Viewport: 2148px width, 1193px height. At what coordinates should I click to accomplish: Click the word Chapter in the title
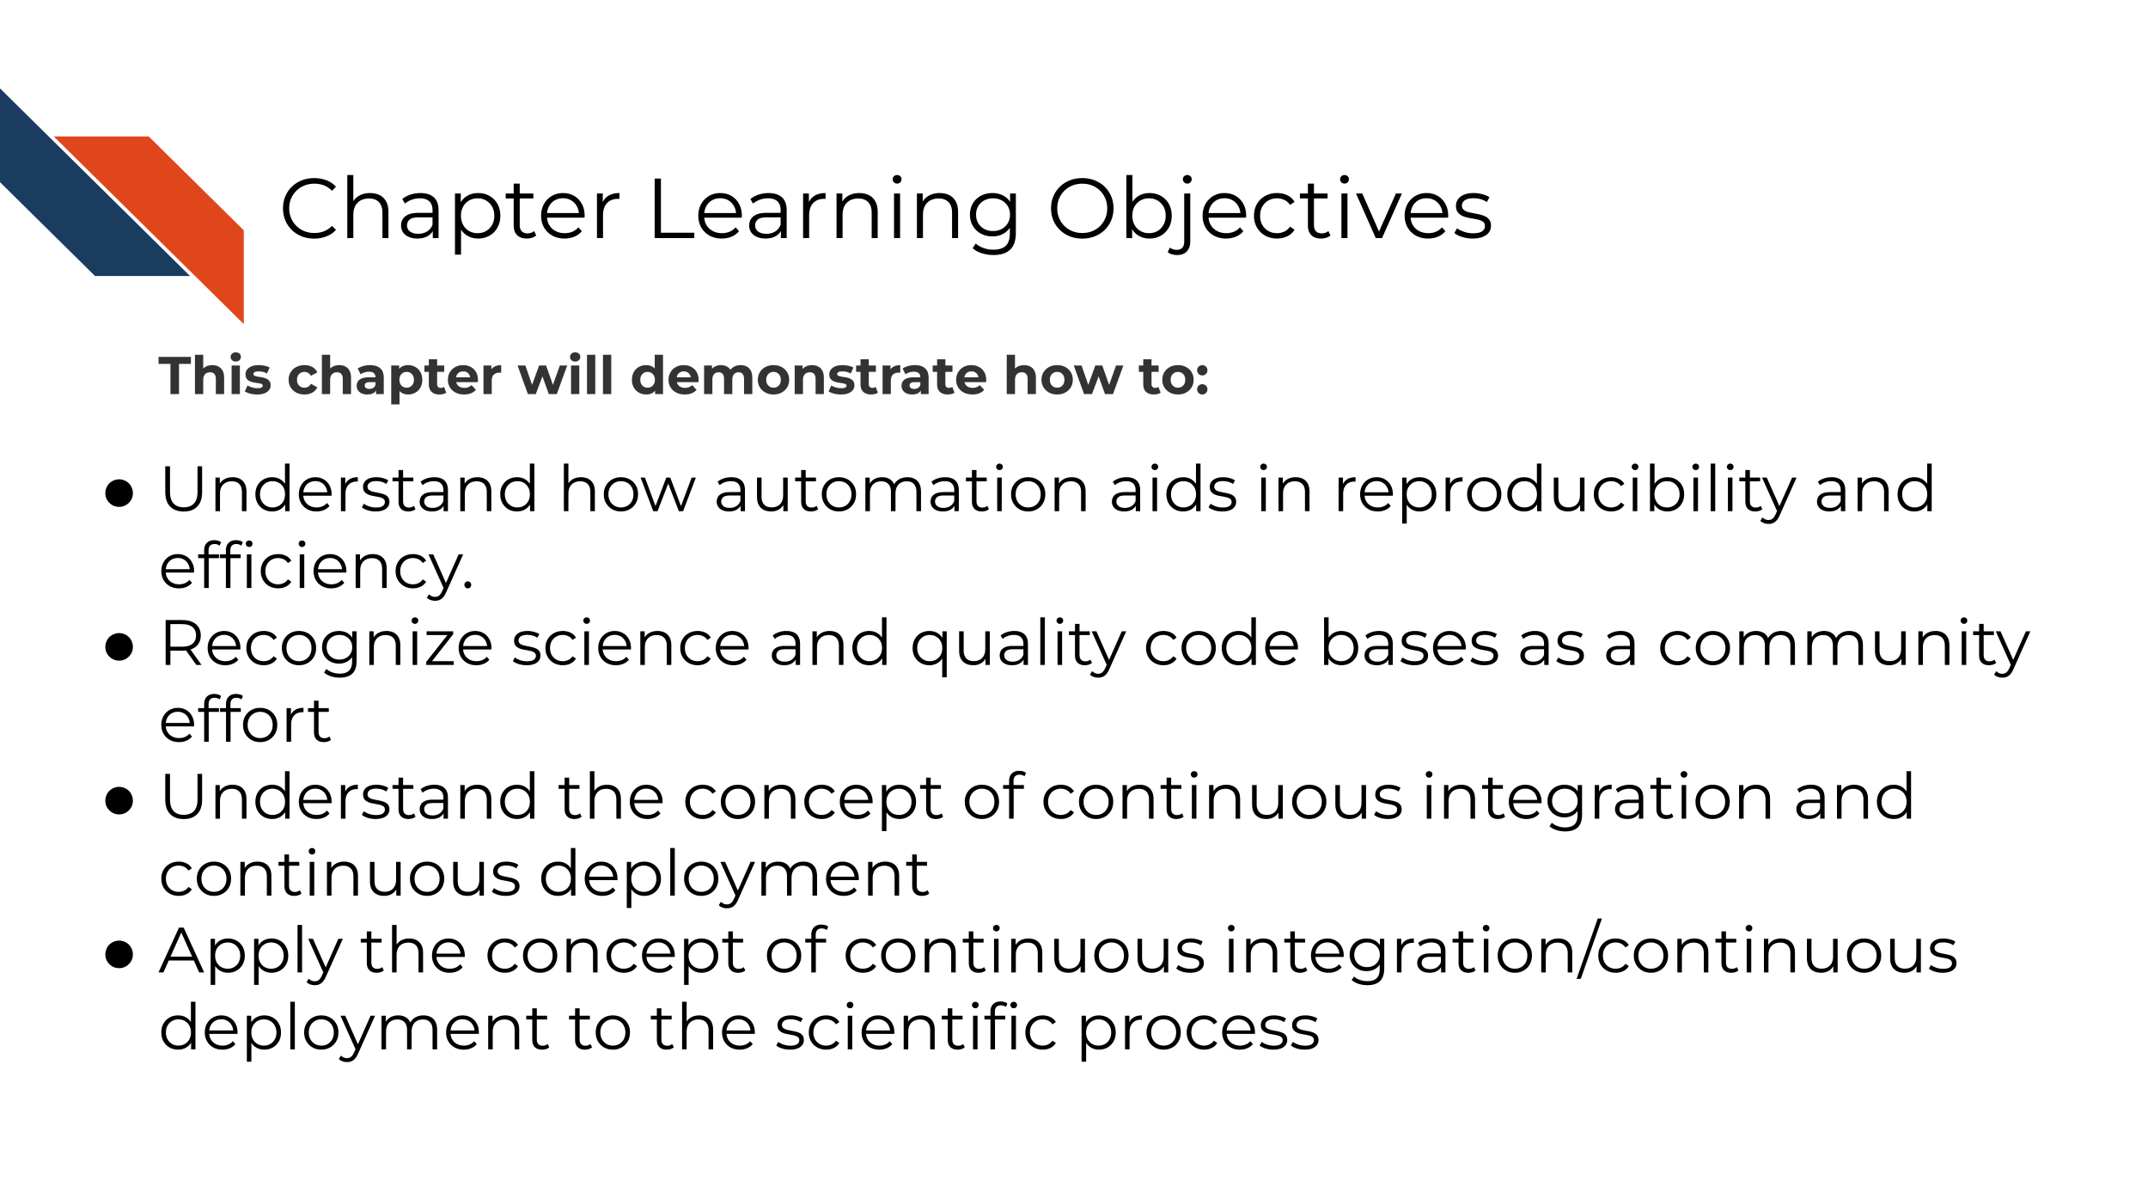pos(449,210)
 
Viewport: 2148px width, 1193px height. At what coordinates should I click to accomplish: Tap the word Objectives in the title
pos(1270,211)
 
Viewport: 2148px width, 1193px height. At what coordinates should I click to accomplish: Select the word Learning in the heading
pos(834,211)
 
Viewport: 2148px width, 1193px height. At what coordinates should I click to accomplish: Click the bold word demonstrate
pos(809,376)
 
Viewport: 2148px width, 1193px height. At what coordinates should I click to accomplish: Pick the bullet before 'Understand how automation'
pos(119,493)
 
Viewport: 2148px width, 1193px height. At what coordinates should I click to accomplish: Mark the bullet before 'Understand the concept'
pos(119,801)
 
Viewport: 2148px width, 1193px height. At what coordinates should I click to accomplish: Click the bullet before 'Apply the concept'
pos(119,955)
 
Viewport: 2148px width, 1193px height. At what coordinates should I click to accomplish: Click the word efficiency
pos(316,567)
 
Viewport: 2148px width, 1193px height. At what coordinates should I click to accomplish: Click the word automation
pos(902,490)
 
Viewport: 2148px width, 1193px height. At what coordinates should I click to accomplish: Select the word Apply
pos(252,954)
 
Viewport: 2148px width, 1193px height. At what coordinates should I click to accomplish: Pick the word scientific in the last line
pos(916,1026)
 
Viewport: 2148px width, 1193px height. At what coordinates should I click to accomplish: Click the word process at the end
pos(1199,1031)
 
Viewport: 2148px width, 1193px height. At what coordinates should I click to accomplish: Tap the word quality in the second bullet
pos(1018,646)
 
